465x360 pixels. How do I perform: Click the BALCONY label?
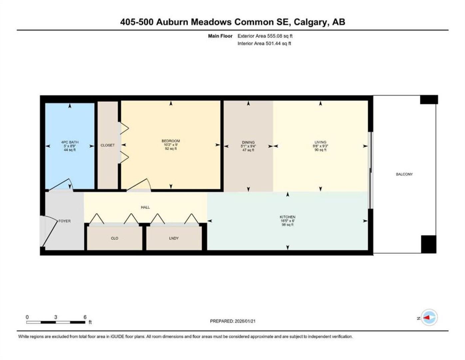point(404,174)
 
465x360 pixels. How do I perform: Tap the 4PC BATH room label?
point(70,142)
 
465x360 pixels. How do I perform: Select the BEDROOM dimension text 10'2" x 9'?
point(171,145)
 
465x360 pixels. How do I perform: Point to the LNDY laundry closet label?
point(174,238)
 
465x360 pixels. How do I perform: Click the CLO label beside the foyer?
point(115,238)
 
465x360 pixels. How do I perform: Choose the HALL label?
point(145,207)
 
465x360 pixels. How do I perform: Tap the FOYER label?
point(65,221)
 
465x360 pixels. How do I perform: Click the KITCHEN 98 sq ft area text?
point(287,225)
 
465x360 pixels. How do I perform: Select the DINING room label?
point(248,142)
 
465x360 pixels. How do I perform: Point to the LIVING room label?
point(320,142)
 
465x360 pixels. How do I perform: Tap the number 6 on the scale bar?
point(85,317)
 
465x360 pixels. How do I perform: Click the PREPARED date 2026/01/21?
point(245,321)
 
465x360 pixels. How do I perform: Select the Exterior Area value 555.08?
point(275,36)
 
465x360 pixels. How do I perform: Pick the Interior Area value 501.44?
point(273,43)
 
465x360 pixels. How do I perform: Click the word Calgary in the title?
point(311,22)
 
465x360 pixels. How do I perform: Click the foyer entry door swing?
point(49,231)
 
